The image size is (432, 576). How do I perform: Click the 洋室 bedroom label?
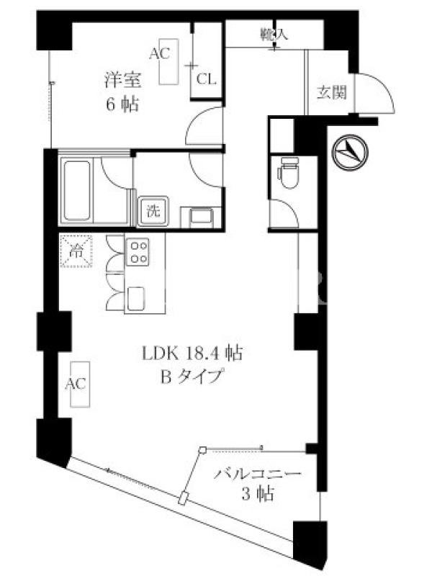122,80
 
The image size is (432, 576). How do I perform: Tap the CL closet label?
206,79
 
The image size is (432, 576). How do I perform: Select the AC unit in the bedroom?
168,62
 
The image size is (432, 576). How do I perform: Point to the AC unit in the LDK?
80,384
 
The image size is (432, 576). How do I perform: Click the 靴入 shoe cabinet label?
274,35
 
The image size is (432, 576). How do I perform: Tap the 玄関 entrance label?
332,92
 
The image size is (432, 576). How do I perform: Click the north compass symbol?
350,152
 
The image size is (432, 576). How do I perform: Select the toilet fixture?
289,173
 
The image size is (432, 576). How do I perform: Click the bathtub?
77,190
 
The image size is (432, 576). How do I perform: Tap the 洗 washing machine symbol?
153,211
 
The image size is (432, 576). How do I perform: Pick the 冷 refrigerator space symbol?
76,251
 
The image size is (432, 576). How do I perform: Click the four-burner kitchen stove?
138,251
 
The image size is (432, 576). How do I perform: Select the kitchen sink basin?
135,298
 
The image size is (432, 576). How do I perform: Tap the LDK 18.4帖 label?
192,354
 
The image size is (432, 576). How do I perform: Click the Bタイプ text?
192,376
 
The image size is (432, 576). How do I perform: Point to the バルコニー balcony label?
258,473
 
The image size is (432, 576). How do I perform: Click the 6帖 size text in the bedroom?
122,105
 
